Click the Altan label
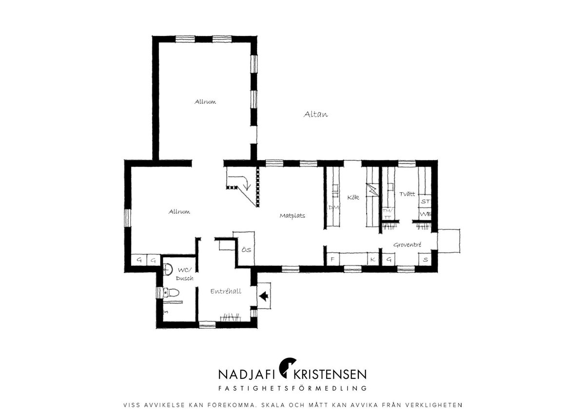coord(315,114)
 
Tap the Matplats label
coord(292,216)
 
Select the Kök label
coord(353,197)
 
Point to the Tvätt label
coord(407,194)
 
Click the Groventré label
coord(407,244)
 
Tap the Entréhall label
coord(226,291)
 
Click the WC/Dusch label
coord(185,274)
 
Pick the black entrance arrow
coord(264,297)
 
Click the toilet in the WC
coord(171,293)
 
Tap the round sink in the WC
coord(168,269)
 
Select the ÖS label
coord(246,250)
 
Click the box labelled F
coord(333,259)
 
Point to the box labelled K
coord(373,259)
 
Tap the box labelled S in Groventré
coord(425,259)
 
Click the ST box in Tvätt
coord(425,201)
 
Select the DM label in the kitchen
coord(333,207)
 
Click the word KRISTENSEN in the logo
coord(330,374)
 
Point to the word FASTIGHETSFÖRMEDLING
coord(292,388)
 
